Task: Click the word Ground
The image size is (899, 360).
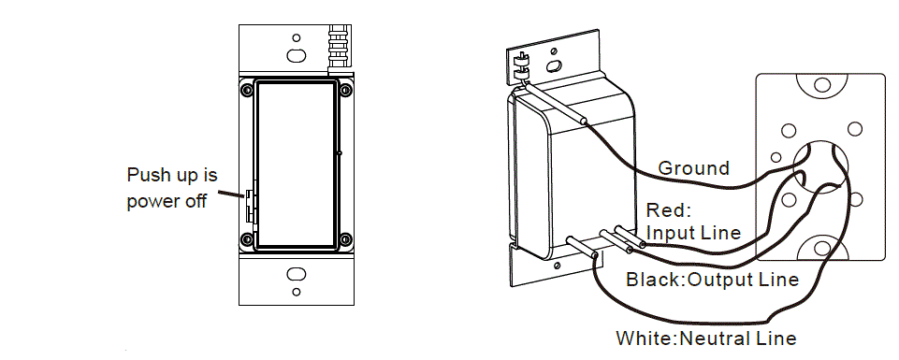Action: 693,168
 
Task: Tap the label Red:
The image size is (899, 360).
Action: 667,211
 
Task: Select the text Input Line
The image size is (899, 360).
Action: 693,232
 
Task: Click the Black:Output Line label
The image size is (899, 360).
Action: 712,280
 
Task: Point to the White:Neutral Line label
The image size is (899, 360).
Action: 705,338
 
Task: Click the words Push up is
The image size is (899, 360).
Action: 171,175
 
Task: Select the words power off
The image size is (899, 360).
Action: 166,202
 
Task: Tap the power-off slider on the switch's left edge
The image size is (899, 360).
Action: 250,206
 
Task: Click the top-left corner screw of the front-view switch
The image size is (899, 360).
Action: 246,90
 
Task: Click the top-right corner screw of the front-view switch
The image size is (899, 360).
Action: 346,90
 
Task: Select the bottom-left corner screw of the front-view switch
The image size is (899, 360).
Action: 246,238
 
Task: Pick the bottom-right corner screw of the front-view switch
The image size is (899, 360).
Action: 346,238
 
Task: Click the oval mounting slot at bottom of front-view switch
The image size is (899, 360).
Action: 296,276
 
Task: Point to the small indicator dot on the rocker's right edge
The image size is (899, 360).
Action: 340,152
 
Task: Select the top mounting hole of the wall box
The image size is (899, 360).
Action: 820,86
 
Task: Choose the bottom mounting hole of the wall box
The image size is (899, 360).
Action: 820,248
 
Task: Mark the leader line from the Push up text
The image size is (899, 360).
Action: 230,195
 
